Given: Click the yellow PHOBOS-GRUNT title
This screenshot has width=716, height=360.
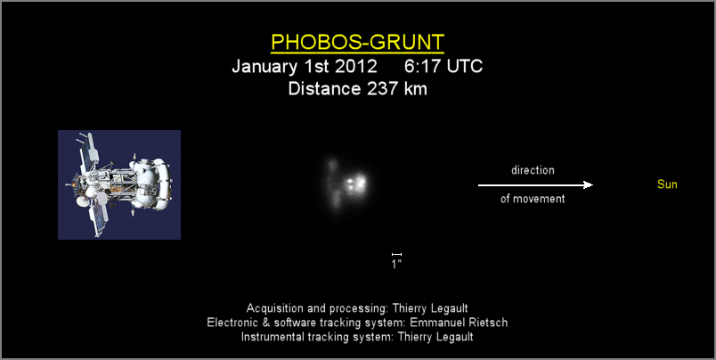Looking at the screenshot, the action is coord(357,42).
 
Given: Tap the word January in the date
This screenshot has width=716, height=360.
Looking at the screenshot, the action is coord(264,67).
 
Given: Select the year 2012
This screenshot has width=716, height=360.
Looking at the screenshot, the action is coord(356,66).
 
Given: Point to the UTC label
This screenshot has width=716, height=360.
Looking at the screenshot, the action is coord(464,66).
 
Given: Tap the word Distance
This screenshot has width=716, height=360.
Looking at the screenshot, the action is coord(324,88).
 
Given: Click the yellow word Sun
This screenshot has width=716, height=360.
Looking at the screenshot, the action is coord(667,184).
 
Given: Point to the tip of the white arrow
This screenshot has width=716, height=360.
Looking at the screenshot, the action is coord(593,185).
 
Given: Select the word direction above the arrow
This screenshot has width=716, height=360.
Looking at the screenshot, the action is coord(533,170).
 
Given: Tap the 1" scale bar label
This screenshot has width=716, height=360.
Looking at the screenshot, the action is coord(396,264).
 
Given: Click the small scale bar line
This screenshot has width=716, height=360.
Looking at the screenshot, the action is coord(396,254).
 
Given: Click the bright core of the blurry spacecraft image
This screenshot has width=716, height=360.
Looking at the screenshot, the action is coord(355,184).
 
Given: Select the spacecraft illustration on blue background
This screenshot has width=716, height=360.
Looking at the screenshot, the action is coord(119,184).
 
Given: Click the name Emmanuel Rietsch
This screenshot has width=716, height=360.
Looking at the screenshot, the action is coord(459,323).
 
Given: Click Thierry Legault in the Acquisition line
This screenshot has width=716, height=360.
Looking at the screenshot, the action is coord(430,308).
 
